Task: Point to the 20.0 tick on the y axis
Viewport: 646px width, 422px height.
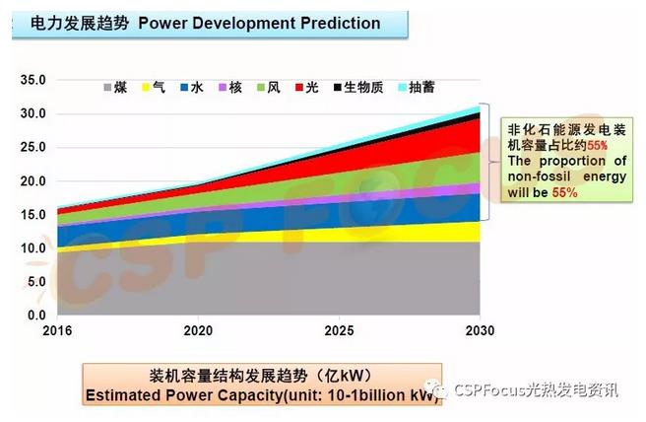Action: point(33,181)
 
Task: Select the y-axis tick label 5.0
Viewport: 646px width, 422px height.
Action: point(36,282)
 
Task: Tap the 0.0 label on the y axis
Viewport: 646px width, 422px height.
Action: point(36,316)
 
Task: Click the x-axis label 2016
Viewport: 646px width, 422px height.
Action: point(59,330)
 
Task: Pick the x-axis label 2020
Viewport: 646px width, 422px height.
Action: point(198,330)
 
